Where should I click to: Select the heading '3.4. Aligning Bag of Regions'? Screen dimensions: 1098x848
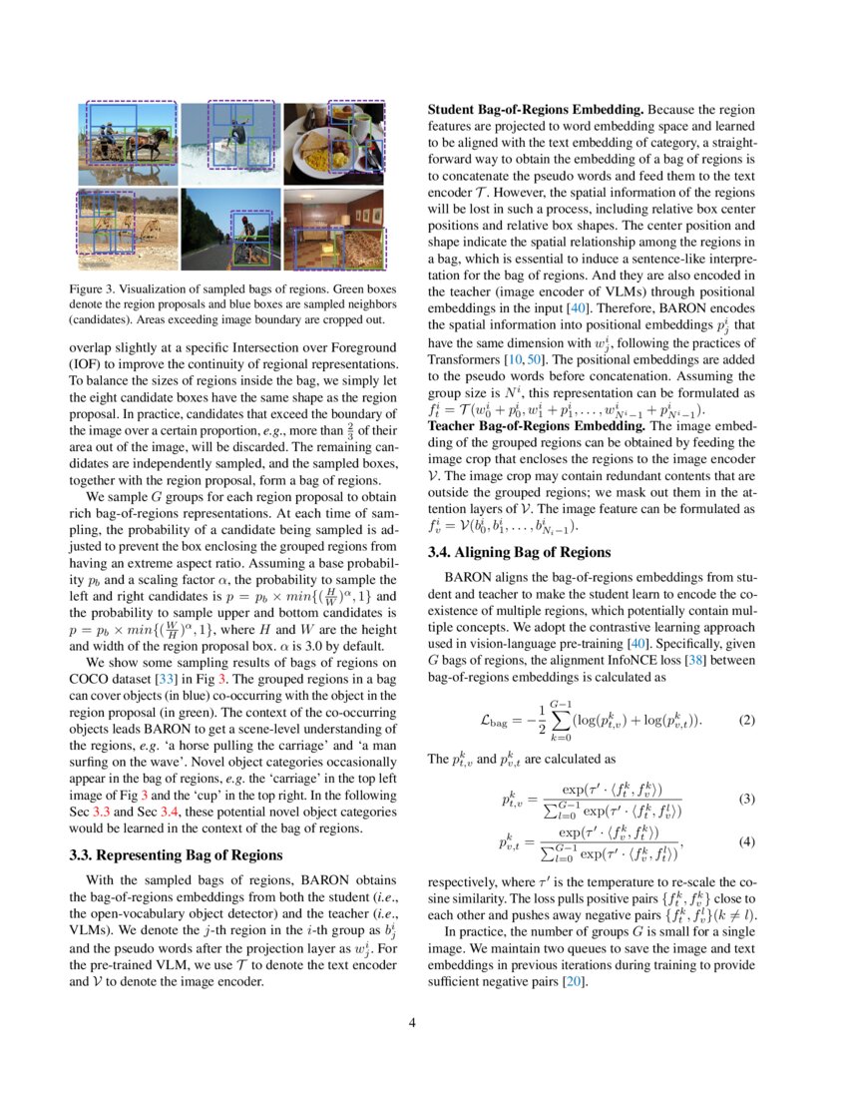pyautogui.click(x=511, y=552)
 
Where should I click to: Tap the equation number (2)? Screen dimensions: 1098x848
pyautogui.click(x=746, y=720)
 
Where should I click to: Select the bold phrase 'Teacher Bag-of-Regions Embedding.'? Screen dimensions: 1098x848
pyautogui.click(x=538, y=425)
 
